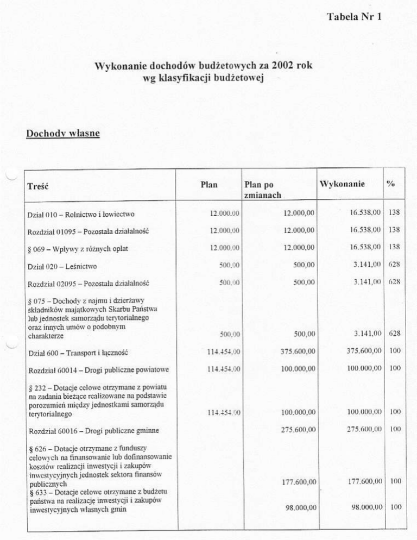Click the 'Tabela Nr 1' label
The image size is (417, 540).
pos(355,16)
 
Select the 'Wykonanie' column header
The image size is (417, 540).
pos(342,184)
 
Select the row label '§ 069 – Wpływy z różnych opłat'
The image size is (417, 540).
pos(77,249)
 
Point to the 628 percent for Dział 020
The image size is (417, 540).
pos(394,266)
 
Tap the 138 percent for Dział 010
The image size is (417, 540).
pos(394,214)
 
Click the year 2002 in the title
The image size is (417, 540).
pos(286,66)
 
